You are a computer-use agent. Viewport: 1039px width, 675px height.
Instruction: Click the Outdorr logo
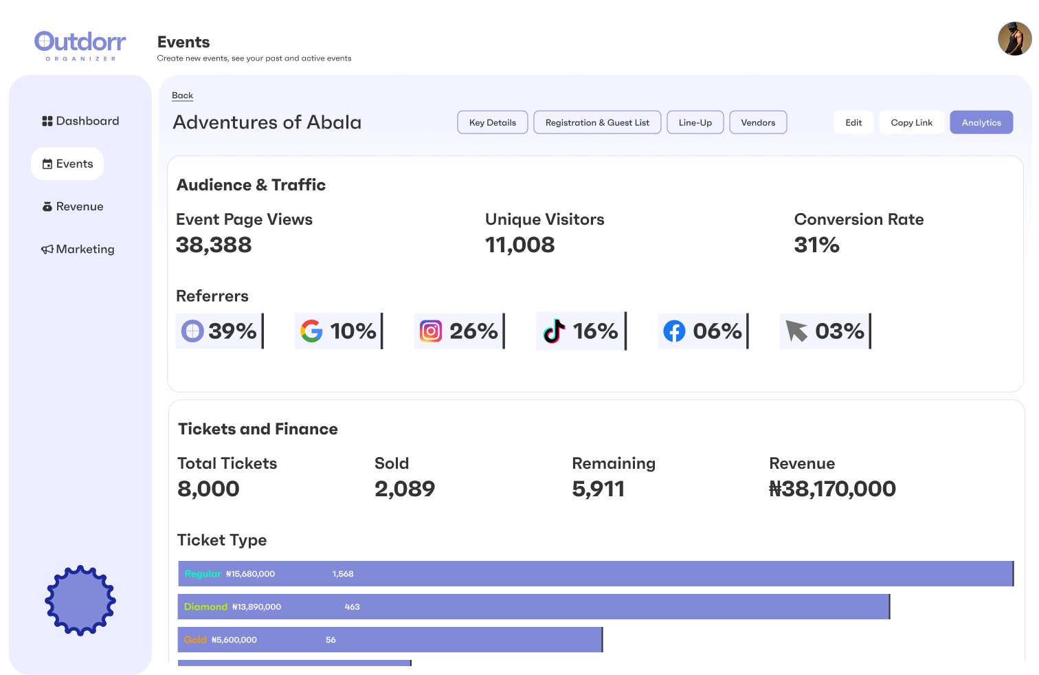[80, 45]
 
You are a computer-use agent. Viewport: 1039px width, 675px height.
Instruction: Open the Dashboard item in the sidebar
[80, 121]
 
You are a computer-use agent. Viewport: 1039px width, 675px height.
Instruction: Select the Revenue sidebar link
[73, 206]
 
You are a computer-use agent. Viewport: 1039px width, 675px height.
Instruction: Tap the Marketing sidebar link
[78, 249]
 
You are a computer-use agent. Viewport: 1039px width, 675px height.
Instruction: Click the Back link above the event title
[182, 96]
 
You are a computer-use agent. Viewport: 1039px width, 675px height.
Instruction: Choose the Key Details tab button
[492, 122]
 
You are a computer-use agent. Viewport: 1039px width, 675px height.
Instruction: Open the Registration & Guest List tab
[596, 122]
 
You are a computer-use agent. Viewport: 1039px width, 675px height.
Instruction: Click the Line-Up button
[695, 122]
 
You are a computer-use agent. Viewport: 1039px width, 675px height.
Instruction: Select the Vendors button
[757, 122]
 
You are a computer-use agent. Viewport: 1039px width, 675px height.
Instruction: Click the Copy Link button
[911, 122]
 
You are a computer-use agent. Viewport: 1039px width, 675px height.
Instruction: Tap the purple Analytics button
[981, 122]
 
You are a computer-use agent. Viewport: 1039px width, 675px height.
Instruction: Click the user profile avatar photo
[1014, 38]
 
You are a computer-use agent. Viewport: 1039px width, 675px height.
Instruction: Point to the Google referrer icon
[311, 331]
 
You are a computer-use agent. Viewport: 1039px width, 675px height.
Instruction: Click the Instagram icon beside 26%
[431, 331]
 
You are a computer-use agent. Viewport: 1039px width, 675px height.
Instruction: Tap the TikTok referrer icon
[554, 331]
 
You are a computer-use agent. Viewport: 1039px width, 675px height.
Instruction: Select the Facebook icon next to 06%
[674, 331]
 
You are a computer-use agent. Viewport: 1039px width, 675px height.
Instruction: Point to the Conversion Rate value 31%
[816, 245]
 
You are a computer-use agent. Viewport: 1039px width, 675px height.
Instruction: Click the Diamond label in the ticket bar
[205, 607]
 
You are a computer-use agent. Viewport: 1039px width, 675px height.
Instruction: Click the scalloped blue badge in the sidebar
[80, 600]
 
